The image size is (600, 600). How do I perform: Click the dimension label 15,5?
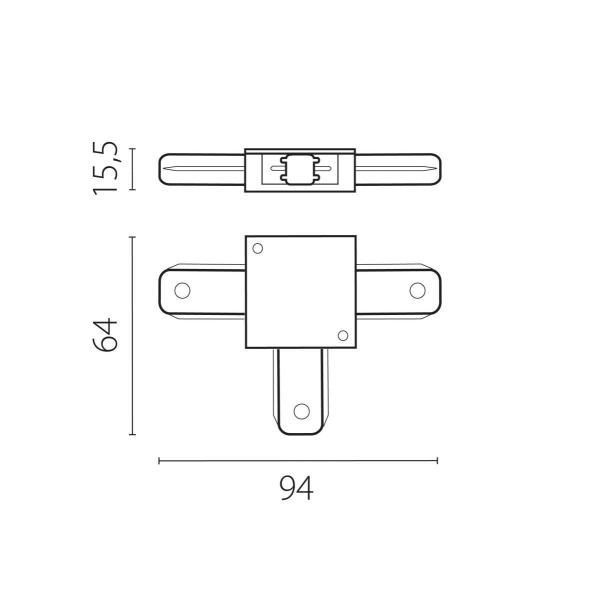click(107, 168)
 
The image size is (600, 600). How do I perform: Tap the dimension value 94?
click(296, 489)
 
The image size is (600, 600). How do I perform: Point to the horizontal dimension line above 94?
click(298, 461)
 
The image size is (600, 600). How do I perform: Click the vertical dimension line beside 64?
click(133, 336)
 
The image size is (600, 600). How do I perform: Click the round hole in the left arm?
click(182, 291)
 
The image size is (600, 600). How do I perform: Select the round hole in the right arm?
click(416, 291)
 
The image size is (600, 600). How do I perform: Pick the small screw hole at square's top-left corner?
click(257, 248)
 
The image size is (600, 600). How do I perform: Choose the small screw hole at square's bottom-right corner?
click(342, 335)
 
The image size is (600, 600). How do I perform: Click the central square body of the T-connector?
click(300, 291)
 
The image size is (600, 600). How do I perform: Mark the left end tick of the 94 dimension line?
click(160, 461)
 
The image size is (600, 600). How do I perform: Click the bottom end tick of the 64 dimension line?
click(133, 435)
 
